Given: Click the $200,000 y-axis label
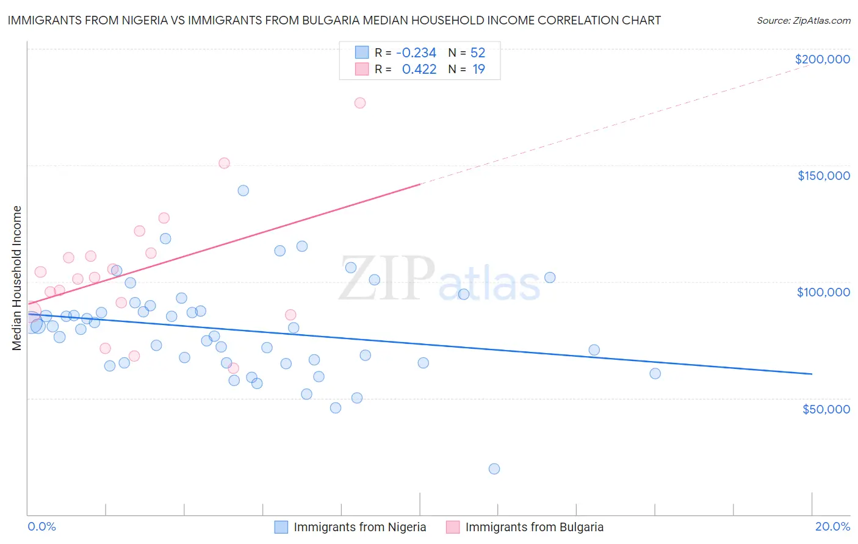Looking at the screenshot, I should [x=822, y=59].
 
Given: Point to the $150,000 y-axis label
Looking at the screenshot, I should [x=823, y=176].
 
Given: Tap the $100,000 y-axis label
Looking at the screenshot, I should [x=823, y=292].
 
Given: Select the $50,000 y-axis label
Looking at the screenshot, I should [x=826, y=409].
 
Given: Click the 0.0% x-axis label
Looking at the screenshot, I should [x=41, y=526].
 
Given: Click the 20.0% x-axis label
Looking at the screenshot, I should [x=832, y=526].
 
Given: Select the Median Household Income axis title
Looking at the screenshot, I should [x=17, y=278].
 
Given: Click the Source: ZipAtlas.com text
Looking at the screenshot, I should [x=803, y=20].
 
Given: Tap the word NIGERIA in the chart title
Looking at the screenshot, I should [x=140, y=20].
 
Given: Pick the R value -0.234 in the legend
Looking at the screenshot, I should [x=416, y=52].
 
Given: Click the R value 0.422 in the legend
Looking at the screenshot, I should [x=419, y=69].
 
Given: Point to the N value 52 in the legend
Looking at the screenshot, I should [x=477, y=52].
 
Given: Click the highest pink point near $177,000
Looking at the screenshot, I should [x=360, y=103].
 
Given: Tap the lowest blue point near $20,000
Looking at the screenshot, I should [x=494, y=469].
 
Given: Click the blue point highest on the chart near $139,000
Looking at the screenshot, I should [x=243, y=190].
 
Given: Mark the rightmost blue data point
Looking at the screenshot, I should [x=655, y=374].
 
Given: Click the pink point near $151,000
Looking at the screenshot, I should [x=224, y=163].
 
